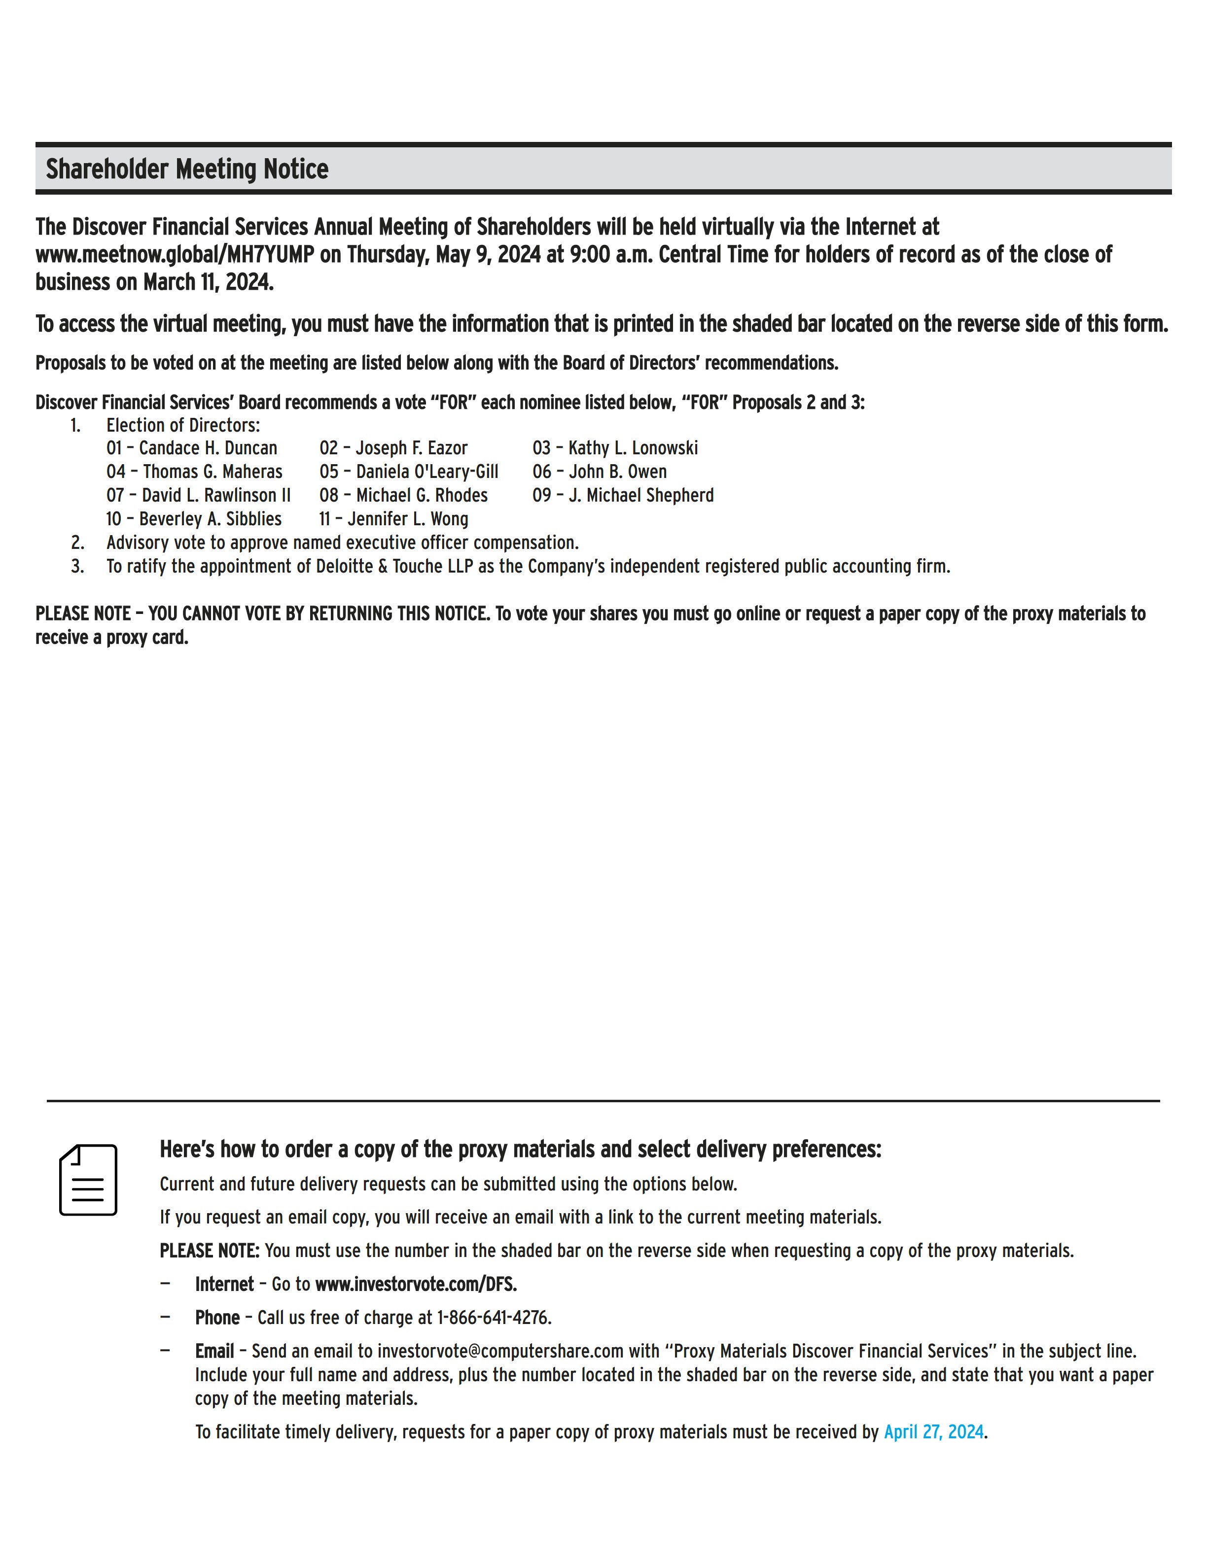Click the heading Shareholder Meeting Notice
pyautogui.click(x=187, y=170)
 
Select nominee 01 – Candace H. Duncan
pyautogui.click(x=192, y=448)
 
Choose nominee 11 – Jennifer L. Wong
pyautogui.click(x=393, y=519)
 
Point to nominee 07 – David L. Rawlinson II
pyautogui.click(x=198, y=495)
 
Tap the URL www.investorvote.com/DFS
pyautogui.click(x=416, y=1285)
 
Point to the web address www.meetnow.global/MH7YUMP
pyautogui.click(x=175, y=254)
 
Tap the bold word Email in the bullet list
pyautogui.click(x=214, y=1351)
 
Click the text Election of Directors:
pyautogui.click(x=183, y=425)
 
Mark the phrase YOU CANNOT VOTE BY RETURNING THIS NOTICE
pyautogui.click(x=319, y=614)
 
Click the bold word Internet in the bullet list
pyautogui.click(x=224, y=1285)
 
